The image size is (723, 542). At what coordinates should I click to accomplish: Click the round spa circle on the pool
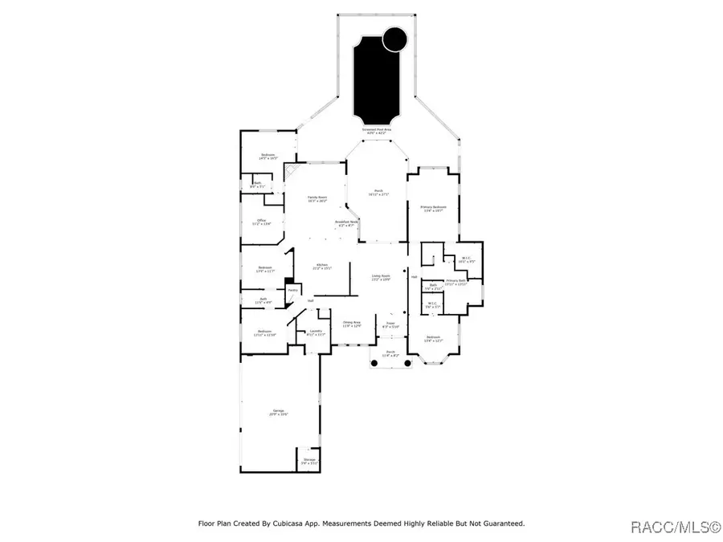(x=394, y=39)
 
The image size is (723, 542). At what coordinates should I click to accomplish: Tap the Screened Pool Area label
(x=376, y=129)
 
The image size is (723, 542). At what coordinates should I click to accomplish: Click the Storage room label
(x=309, y=462)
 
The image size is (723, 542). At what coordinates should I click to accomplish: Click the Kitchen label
(x=322, y=266)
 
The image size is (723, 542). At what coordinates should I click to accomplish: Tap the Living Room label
(x=381, y=278)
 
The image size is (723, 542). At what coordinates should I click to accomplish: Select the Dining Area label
(x=352, y=324)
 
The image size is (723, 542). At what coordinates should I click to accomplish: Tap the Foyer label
(x=390, y=324)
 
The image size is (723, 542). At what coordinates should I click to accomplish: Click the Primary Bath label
(x=456, y=281)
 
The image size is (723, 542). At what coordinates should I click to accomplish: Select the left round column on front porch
(x=373, y=365)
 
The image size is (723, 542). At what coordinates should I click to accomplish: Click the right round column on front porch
(x=407, y=365)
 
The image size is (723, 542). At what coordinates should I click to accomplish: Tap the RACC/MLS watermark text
(x=675, y=527)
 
